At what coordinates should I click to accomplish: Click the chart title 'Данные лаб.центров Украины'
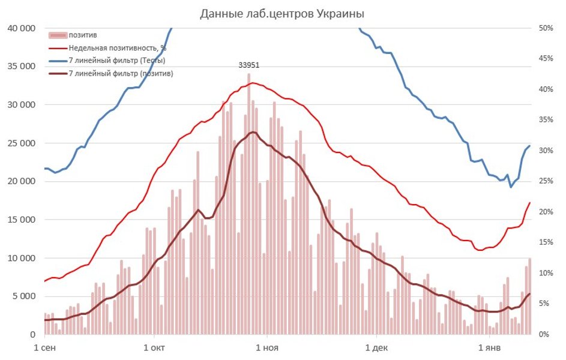[282, 13]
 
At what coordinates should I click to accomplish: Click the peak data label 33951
[249, 65]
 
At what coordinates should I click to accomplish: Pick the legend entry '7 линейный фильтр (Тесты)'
[116, 60]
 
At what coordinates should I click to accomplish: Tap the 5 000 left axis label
[24, 296]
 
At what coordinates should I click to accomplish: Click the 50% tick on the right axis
[546, 28]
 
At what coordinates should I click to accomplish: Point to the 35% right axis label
[546, 120]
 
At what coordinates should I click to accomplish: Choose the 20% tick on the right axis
[546, 212]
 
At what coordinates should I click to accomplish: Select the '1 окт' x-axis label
[155, 347]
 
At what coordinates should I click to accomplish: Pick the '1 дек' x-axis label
[377, 347]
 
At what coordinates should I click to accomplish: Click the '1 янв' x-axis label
[489, 347]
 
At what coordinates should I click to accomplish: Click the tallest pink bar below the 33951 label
[249, 204]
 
